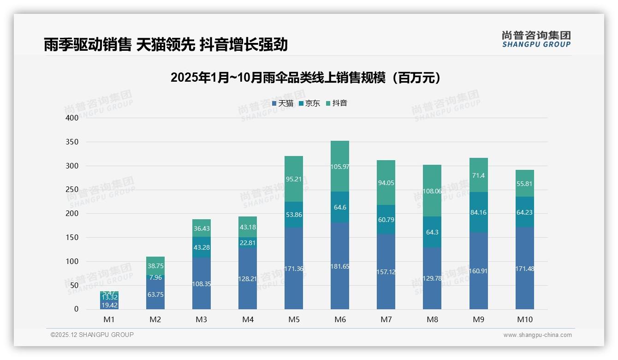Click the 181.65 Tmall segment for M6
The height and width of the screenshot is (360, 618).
pyautogui.click(x=340, y=266)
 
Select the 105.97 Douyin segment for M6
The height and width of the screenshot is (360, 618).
pyautogui.click(x=340, y=167)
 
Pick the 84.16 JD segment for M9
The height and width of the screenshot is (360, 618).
pyautogui.click(x=479, y=213)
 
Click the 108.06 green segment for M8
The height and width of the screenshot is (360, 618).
pyautogui.click(x=432, y=191)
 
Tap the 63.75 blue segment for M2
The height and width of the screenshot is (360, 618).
pyautogui.click(x=155, y=294)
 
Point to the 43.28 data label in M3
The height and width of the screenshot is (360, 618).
pyautogui.click(x=202, y=247)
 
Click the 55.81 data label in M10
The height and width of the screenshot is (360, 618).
pyautogui.click(x=525, y=183)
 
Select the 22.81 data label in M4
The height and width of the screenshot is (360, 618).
pyautogui.click(x=248, y=243)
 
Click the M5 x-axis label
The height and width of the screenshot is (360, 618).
pyautogui.click(x=294, y=319)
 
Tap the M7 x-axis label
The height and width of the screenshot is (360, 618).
pyautogui.click(x=386, y=319)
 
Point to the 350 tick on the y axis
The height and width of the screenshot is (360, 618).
pyautogui.click(x=72, y=142)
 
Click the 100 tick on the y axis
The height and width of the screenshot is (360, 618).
pyautogui.click(x=72, y=261)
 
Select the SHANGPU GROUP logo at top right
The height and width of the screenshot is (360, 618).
pyautogui.click(x=536, y=39)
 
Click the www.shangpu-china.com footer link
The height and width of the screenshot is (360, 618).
pyautogui.click(x=537, y=335)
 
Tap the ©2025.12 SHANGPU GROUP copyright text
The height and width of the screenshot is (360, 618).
pyautogui.click(x=92, y=335)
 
